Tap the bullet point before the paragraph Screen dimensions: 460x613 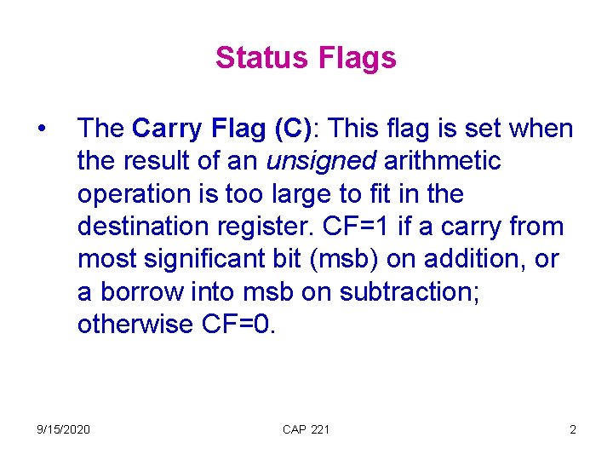[x=41, y=129]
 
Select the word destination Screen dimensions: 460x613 [x=138, y=227]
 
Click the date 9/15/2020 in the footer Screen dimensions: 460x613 [x=62, y=429]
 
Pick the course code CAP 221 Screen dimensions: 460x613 [x=306, y=429]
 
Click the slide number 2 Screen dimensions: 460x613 [x=572, y=429]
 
